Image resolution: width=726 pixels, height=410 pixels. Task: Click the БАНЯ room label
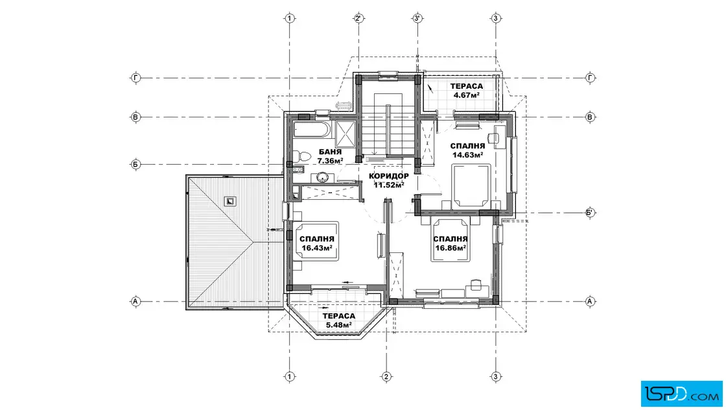[x=330, y=152]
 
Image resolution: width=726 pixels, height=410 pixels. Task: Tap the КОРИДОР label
[x=389, y=176]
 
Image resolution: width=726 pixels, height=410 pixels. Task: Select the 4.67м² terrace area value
[x=466, y=95]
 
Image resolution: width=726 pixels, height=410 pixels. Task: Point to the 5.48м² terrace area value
[x=339, y=325]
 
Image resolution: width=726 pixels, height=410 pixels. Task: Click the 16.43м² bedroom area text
[x=317, y=248]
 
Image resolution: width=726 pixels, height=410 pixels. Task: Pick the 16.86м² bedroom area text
[x=451, y=248]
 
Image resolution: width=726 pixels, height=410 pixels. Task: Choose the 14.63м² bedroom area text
[x=467, y=155]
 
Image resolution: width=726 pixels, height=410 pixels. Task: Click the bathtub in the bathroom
[x=312, y=130]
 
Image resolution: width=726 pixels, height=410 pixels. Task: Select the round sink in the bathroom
[x=322, y=177]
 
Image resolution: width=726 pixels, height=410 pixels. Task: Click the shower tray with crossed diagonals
[x=345, y=134]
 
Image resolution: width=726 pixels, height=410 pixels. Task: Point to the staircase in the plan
[x=388, y=125]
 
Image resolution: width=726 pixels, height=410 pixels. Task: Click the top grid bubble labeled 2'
[x=358, y=19]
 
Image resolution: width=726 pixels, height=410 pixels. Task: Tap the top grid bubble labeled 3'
[x=417, y=19]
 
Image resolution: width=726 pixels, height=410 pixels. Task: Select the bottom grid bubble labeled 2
[x=386, y=377]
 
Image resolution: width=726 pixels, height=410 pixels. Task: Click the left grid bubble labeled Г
[x=135, y=78]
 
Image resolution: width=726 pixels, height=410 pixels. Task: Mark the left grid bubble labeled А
[x=135, y=302]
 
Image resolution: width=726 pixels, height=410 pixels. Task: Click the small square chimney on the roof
[x=230, y=201]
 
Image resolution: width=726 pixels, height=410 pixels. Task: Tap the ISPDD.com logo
[x=681, y=393]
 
